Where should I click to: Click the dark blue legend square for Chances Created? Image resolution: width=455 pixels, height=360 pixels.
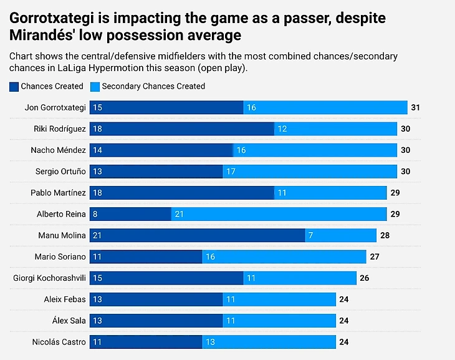(14, 87)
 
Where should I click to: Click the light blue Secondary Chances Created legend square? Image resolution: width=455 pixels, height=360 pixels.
(95, 87)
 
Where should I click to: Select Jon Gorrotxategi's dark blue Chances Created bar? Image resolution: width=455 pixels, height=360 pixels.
(166, 107)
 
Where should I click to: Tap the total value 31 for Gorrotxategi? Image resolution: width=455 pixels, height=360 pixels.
(416, 107)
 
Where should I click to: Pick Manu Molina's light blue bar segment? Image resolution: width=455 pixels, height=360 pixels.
(340, 235)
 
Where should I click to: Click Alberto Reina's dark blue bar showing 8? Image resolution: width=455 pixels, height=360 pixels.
(130, 214)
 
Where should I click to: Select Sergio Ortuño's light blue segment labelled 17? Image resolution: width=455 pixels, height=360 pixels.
(310, 172)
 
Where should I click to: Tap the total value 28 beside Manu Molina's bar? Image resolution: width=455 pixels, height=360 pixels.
(386, 235)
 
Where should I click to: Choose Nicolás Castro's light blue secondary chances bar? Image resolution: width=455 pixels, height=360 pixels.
(269, 342)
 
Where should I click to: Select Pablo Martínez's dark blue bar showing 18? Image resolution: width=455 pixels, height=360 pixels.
(182, 193)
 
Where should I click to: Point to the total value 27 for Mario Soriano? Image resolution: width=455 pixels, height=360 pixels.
(375, 256)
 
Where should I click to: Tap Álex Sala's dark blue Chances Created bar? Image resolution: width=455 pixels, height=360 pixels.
(156, 321)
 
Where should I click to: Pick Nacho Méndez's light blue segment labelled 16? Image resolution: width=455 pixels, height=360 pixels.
(315, 150)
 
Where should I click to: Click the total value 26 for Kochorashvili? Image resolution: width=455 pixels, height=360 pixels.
(365, 278)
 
